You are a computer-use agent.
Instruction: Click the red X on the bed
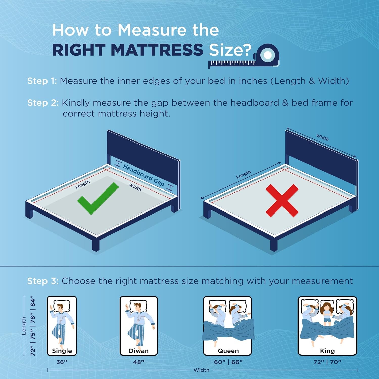point(282,200)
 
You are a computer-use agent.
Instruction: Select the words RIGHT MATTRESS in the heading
point(128,50)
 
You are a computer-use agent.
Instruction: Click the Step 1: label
point(42,81)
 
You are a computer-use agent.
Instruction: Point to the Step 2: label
point(43,103)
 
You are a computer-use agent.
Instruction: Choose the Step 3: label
point(43,281)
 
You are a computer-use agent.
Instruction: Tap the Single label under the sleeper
point(62,351)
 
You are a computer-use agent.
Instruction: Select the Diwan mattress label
point(139,351)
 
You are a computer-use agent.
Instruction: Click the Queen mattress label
point(228,351)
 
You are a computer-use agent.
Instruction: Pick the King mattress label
point(327,351)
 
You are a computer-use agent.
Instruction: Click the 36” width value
point(62,362)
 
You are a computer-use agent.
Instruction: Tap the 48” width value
point(139,362)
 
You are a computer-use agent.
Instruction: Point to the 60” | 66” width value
point(228,362)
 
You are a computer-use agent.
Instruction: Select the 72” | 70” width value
point(327,362)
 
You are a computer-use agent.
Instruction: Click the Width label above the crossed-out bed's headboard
point(323,137)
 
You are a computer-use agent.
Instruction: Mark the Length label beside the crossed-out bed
point(244,175)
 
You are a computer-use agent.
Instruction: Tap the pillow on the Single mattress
point(62,306)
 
